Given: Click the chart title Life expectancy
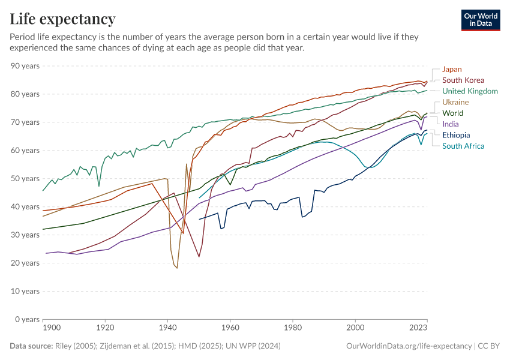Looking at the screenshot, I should (63, 19).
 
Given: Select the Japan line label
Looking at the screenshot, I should (452, 69).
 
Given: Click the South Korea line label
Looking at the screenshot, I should (463, 80).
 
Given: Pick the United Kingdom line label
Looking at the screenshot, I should (470, 91).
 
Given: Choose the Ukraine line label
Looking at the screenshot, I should (455, 102).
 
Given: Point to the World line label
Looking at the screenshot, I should (452, 113).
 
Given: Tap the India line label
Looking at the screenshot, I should (451, 124).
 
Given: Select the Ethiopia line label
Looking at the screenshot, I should (456, 135).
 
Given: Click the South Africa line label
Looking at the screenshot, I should (463, 146).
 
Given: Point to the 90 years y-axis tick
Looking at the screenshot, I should (26, 65).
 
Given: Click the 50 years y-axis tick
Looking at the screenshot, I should (26, 178).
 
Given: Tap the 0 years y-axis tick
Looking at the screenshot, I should (28, 319).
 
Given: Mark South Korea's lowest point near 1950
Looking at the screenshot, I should (199, 257).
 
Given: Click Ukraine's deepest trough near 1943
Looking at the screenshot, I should (177, 268).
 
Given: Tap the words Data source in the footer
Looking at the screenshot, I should (31, 346).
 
